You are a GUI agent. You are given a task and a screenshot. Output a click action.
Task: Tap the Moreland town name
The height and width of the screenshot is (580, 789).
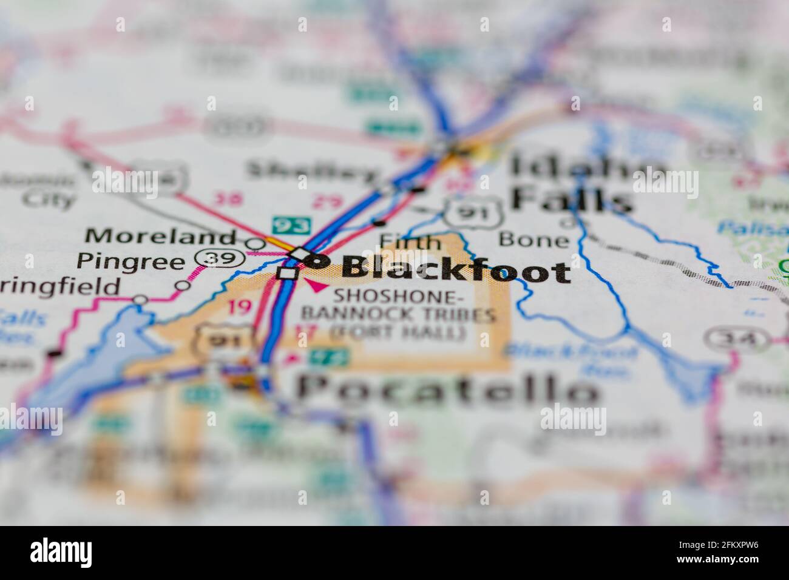[160, 235]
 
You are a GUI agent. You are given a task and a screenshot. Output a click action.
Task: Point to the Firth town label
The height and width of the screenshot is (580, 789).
[410, 242]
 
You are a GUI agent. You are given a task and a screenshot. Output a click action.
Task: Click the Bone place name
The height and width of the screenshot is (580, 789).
[533, 240]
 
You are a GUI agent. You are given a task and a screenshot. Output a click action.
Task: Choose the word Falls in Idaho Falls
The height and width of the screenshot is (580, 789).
[571, 198]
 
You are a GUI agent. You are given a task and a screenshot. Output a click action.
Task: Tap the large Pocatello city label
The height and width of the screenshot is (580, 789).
[446, 388]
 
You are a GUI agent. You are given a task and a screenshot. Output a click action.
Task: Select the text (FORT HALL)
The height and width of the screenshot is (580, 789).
[398, 332]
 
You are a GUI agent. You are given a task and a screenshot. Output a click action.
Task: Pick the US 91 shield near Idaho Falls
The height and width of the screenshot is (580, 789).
[474, 212]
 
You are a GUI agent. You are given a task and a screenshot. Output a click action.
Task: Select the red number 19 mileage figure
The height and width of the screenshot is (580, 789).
[240, 308]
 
